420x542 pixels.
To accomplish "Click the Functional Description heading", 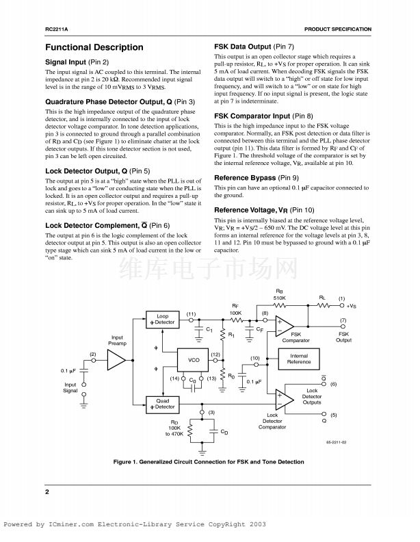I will coord(94,47).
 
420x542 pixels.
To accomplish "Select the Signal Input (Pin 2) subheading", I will coord(77,62).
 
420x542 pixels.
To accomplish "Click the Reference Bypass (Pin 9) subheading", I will coord(255,177).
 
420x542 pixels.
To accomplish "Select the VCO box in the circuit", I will coord(194,359).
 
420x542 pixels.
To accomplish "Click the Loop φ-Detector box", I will coord(162,319).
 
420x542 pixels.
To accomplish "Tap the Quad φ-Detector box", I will coord(162,404).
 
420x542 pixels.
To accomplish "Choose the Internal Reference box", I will coord(298,359).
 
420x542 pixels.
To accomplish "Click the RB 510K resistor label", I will coord(279,296).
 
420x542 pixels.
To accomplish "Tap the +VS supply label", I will coord(351,306).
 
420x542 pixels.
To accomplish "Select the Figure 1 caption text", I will coord(209,461).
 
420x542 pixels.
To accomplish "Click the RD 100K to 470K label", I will coord(174,428).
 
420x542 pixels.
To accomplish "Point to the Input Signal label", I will coord(70,388).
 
